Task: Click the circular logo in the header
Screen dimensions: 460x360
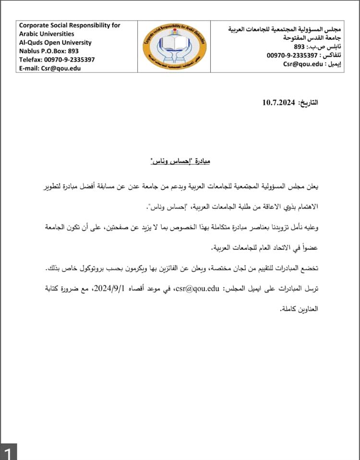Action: (176, 47)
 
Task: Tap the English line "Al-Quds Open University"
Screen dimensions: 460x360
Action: (55, 43)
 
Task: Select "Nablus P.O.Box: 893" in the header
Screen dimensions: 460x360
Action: (49, 51)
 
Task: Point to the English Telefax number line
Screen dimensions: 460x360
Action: (57, 59)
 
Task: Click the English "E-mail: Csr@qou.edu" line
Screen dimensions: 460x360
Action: (50, 68)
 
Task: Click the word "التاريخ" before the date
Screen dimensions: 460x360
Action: (308, 103)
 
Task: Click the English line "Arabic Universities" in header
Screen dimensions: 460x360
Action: (47, 34)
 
